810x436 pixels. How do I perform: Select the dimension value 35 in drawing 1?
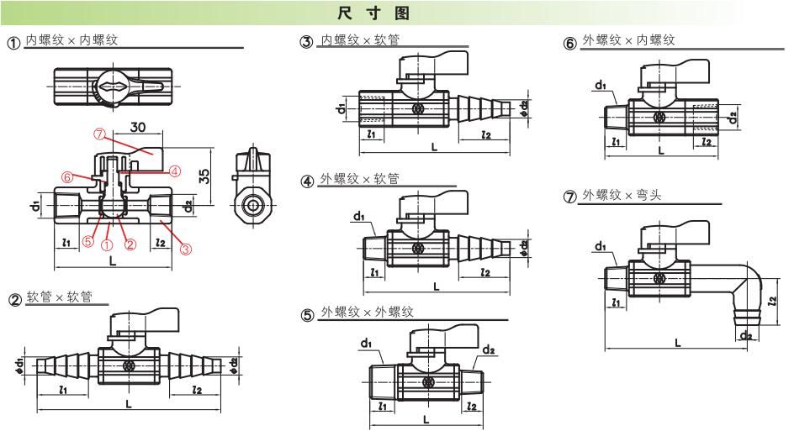[x=204, y=176]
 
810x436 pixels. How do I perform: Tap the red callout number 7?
[x=99, y=134]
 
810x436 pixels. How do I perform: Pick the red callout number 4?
[x=174, y=171]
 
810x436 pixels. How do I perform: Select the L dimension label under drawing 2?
[x=128, y=403]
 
